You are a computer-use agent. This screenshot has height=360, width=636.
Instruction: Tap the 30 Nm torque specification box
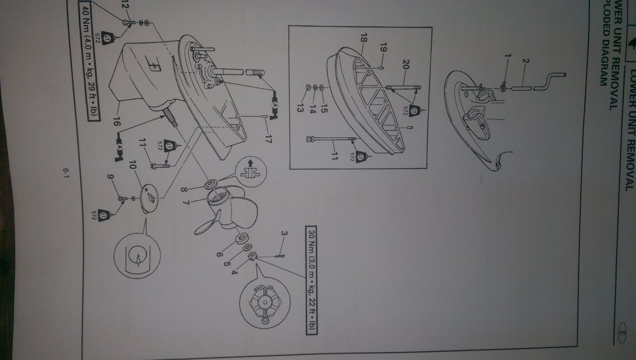click(x=311, y=280)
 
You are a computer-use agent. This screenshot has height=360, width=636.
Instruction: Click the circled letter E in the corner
click(x=622, y=335)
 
